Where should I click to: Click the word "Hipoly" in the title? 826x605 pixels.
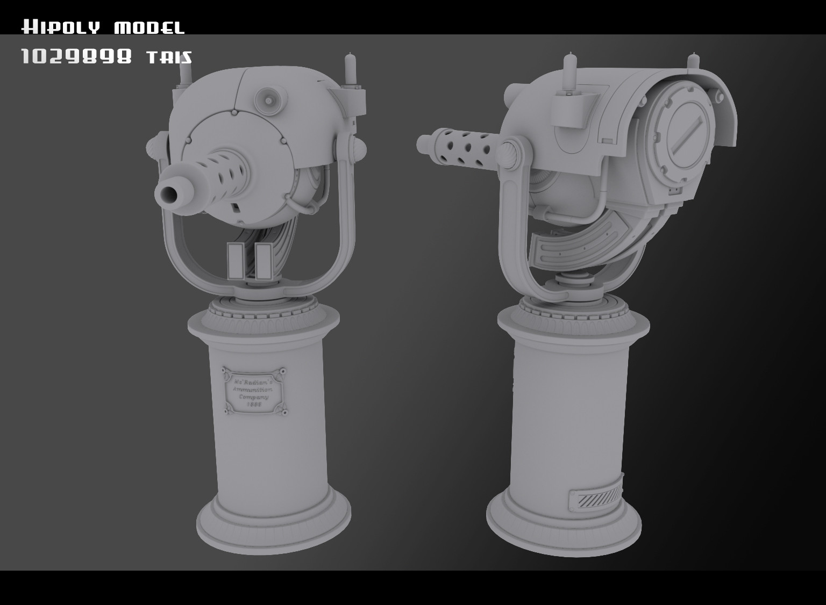[x=60, y=27]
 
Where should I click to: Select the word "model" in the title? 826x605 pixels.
[x=149, y=27]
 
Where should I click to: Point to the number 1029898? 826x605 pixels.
[x=76, y=56]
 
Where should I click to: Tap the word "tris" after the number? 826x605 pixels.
[x=169, y=57]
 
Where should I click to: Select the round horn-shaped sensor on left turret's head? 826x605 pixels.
[x=267, y=97]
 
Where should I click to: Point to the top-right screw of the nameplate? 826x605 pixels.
[x=280, y=371]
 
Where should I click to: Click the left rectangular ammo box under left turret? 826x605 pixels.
[x=236, y=261]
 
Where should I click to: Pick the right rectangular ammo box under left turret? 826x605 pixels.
[x=262, y=261]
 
